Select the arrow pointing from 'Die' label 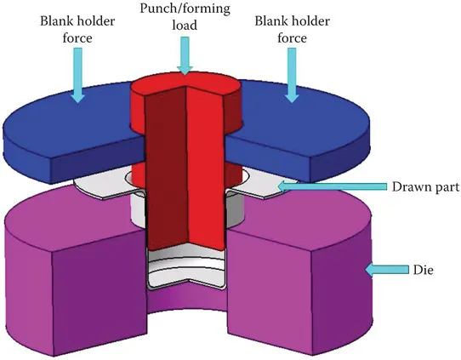coord(378,270)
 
